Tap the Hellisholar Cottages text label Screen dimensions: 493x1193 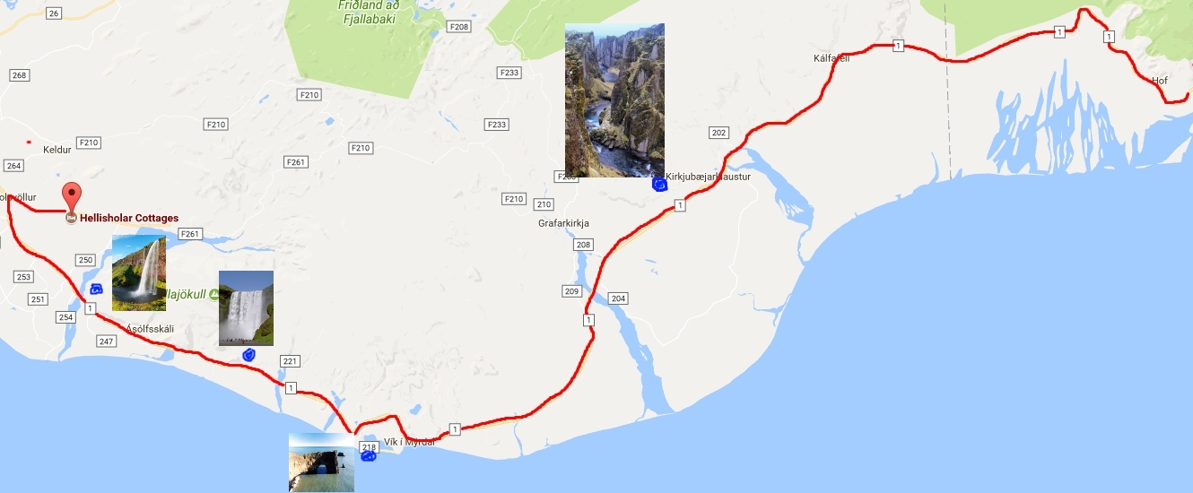click(129, 218)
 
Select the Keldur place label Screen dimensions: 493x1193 click(57, 150)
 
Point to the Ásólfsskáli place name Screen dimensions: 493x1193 click(150, 329)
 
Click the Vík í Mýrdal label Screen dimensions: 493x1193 click(409, 441)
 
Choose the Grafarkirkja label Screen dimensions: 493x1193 click(563, 223)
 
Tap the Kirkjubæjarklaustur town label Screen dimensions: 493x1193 click(708, 177)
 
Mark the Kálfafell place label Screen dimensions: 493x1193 click(831, 59)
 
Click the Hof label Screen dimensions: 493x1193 click(1159, 81)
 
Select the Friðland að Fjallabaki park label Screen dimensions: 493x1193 click(369, 11)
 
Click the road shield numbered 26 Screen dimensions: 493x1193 click(54, 13)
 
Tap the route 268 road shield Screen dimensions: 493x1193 click(19, 75)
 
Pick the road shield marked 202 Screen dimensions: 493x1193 click(718, 133)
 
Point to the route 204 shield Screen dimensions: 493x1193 click(617, 298)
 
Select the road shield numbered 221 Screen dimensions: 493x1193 click(289, 361)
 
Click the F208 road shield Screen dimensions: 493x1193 click(459, 27)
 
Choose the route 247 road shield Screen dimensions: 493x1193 click(107, 342)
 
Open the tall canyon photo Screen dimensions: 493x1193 click(614, 100)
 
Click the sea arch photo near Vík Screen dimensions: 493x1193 click(321, 463)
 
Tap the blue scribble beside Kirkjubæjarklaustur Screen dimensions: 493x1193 click(659, 185)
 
